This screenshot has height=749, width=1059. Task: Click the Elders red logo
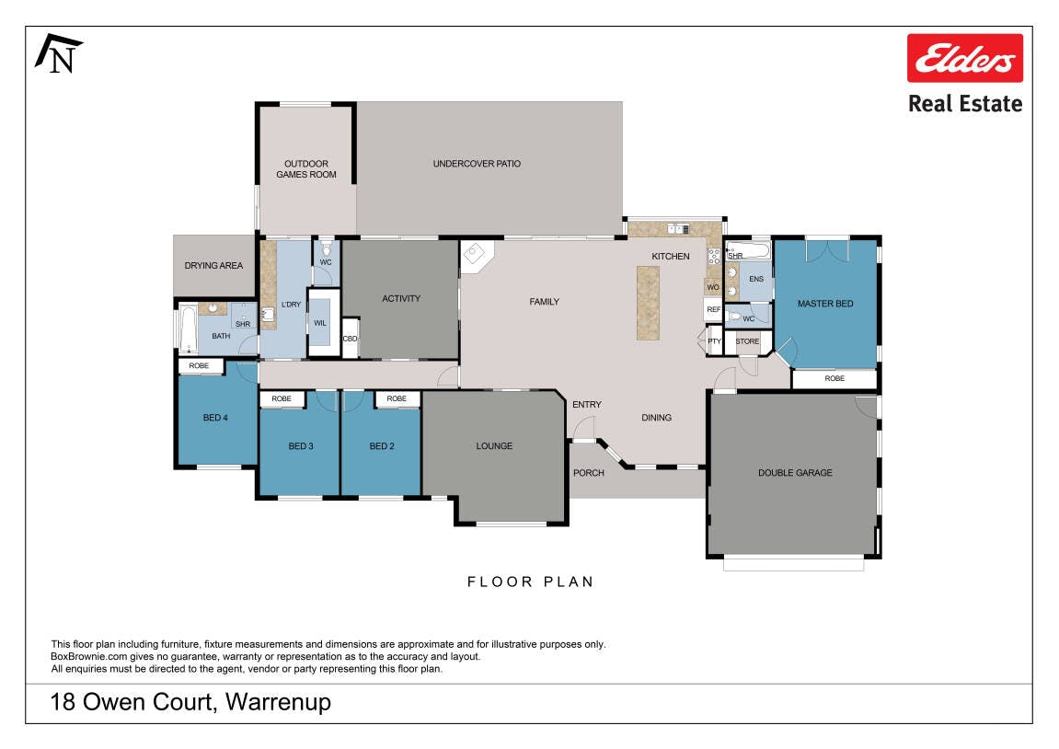(964, 58)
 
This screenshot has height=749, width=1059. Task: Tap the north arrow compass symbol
(59, 53)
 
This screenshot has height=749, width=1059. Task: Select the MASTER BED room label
(825, 304)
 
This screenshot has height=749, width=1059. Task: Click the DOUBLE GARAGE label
(795, 473)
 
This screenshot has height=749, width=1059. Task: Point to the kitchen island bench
(648, 304)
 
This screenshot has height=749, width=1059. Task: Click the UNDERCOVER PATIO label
(477, 164)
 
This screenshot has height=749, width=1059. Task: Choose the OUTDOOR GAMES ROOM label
(306, 168)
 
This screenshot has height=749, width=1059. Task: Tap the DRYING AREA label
(213, 265)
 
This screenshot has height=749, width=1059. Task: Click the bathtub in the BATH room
(188, 329)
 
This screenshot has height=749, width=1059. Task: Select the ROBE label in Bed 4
(199, 366)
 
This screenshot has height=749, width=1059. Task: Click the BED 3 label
(301, 445)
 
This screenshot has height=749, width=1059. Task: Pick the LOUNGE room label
(494, 445)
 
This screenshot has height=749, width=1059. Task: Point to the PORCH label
(588, 473)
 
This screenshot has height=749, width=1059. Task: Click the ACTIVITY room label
(401, 298)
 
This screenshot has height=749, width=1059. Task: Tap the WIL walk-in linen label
(320, 323)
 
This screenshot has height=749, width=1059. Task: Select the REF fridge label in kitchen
(714, 309)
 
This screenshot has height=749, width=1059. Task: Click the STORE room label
(747, 341)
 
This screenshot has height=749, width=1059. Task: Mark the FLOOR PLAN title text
(530, 582)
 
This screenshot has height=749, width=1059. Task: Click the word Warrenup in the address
(278, 702)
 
